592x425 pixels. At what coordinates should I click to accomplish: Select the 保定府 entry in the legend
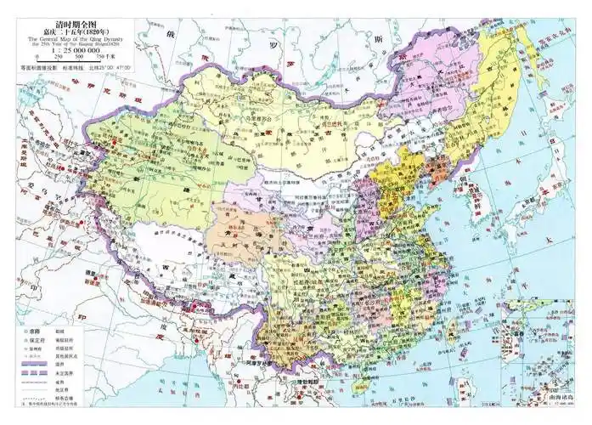point(38,334)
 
